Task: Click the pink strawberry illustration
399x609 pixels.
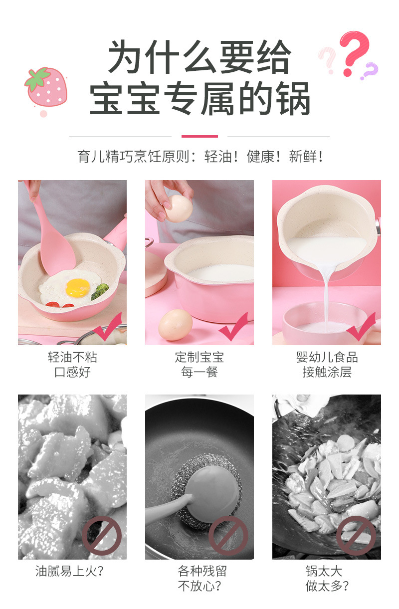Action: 46,87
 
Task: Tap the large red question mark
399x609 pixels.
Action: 354,52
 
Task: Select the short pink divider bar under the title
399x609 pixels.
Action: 199,136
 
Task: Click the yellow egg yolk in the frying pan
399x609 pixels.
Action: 78,288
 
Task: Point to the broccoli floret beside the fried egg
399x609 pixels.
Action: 100,291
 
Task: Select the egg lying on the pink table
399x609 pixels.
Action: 175,325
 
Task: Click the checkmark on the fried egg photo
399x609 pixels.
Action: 107,327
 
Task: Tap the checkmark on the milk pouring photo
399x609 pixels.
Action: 361,327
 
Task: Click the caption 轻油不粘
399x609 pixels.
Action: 72,357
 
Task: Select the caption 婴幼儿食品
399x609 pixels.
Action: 327,357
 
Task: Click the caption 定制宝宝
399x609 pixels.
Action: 199,357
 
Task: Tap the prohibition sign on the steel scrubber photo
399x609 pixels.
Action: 228,536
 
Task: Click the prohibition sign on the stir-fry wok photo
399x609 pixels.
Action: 356,536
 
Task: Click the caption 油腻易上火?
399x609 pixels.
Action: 69,571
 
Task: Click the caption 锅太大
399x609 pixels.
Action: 324,571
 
